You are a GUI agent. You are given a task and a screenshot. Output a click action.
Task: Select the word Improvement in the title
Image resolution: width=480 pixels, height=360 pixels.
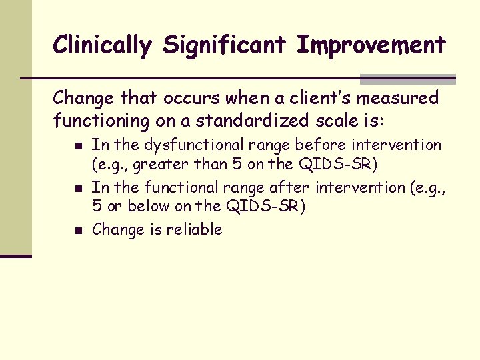(x=371, y=45)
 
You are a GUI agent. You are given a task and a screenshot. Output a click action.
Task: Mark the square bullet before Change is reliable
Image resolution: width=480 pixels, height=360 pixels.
(x=79, y=231)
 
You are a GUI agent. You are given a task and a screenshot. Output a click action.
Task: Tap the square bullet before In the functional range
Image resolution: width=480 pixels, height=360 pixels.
(x=79, y=189)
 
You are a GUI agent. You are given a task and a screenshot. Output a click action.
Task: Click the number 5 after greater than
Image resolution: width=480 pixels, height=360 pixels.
(x=237, y=165)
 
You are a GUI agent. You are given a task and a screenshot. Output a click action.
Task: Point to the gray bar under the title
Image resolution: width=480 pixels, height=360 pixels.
(x=407, y=79)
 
